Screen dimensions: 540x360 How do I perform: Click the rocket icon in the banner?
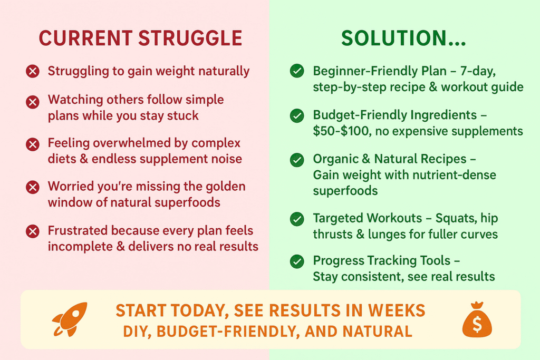click(70, 319)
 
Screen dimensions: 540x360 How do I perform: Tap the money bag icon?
click(477, 319)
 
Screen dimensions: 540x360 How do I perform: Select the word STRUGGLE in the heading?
click(190, 38)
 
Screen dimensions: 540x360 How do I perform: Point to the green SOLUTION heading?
click(403, 38)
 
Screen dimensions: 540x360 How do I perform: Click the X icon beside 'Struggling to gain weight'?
click(33, 71)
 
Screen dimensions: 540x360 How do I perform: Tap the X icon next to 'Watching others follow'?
click(33, 102)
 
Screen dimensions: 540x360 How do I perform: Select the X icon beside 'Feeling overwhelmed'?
click(33, 144)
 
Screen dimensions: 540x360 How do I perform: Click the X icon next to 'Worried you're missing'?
click(33, 187)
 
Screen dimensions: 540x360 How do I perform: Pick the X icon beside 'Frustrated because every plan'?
click(33, 231)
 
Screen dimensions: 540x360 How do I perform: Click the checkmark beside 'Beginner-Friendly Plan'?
click(297, 71)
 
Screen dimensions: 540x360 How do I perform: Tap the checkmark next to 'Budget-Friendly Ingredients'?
click(297, 115)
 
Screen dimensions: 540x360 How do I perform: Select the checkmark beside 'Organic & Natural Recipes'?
click(297, 160)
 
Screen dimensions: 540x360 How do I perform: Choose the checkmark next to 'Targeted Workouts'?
click(297, 219)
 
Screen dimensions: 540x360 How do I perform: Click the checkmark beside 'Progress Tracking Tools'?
click(297, 261)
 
